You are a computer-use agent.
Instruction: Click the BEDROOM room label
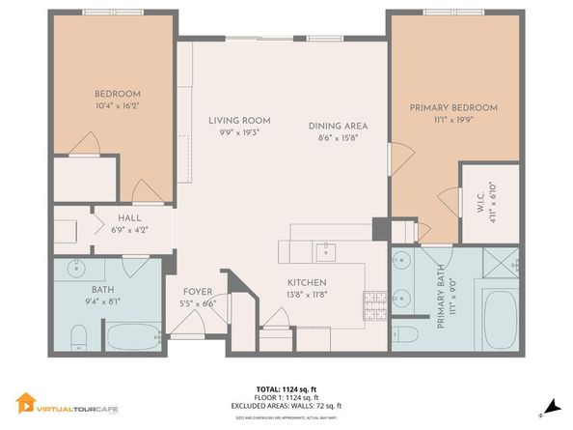pyautogui.click(x=118, y=93)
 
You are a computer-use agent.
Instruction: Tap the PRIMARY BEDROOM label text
pyautogui.click(x=452, y=108)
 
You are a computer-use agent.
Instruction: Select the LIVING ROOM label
pyautogui.click(x=238, y=120)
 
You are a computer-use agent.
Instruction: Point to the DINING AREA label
pyautogui.click(x=338, y=127)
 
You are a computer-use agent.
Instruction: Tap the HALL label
pyautogui.click(x=129, y=218)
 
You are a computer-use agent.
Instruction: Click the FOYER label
pyautogui.click(x=198, y=291)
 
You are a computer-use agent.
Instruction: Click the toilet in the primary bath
pyautogui.click(x=406, y=334)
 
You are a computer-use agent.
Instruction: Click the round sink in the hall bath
pyautogui.click(x=72, y=270)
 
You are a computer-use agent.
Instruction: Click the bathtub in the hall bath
pyautogui.click(x=133, y=337)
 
